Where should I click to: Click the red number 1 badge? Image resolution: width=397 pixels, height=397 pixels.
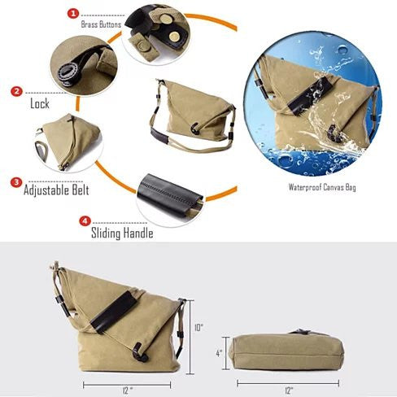pos(73,14)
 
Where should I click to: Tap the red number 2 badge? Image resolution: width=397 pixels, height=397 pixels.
pos(16,91)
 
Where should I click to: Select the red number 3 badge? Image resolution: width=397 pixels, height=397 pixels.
pos(16,182)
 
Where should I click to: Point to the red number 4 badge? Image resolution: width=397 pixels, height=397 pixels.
pos(85,221)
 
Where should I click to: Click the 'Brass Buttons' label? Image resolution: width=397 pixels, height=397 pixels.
pos(101,24)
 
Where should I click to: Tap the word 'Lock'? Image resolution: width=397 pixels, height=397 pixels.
pos(40,103)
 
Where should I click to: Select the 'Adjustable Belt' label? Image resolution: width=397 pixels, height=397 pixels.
pos(56,190)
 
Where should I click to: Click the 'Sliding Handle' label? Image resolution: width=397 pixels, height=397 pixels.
pos(122,233)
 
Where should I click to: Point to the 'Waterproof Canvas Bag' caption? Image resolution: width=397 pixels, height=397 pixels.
pos(322,187)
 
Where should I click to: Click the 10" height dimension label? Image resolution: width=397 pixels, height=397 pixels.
pos(198,328)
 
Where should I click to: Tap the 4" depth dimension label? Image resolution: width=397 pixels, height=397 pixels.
pos(219,353)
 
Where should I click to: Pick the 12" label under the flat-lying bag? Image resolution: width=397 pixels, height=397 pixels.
pos(289,390)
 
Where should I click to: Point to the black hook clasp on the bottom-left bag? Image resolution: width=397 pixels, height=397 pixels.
pos(140,352)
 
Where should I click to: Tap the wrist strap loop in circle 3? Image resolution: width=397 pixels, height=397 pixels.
pos(41,151)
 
